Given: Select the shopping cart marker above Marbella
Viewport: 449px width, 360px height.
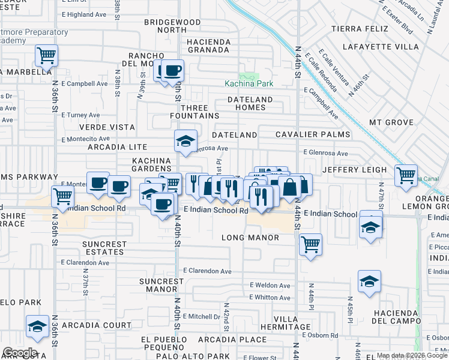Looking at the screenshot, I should [46, 56].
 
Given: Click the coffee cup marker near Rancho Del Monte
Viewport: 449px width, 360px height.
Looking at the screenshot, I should [172, 71].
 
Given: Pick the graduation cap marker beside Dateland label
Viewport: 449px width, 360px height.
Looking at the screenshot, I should [185, 142].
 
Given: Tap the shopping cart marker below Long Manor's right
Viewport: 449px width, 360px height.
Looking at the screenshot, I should [310, 244].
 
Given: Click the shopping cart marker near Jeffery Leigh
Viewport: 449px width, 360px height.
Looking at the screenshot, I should [406, 175].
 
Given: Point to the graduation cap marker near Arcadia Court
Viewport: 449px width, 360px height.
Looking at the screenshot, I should [38, 327].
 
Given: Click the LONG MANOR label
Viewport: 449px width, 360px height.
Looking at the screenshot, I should [250, 238].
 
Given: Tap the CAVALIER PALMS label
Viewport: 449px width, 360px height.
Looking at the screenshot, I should [313, 135].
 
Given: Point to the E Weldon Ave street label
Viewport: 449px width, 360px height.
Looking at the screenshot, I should [270, 286].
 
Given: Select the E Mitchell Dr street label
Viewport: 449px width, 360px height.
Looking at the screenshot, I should [202, 316].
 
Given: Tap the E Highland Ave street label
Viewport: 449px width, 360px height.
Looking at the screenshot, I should [83, 14].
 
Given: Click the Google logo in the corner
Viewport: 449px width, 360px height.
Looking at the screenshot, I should [20, 353].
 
